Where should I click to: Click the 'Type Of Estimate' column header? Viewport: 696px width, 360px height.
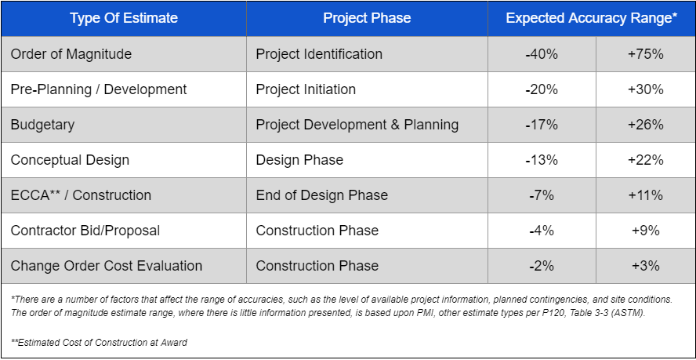coord(124,18)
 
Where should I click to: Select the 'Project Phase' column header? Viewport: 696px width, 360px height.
coord(367,18)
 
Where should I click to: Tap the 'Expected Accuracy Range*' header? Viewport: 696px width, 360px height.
coord(592,18)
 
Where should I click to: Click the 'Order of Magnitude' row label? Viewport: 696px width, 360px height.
coord(71,54)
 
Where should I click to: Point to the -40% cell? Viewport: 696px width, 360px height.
coord(542,54)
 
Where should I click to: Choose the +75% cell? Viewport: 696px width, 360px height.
coord(646,54)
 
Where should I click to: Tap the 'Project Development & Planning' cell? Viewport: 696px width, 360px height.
coord(357,125)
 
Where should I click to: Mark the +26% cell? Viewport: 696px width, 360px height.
coord(646,125)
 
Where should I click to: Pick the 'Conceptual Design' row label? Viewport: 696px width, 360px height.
coord(70,160)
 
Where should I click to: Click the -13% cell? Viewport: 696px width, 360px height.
coord(542,160)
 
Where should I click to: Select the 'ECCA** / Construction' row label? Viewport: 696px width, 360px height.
coord(81,195)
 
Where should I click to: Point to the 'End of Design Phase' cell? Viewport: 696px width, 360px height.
coord(321,195)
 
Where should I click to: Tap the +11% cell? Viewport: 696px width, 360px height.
coord(646,195)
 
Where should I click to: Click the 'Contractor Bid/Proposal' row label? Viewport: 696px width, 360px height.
coord(85,231)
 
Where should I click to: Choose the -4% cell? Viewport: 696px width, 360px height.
coord(542,231)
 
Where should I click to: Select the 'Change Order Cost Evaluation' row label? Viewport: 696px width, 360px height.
coord(107,266)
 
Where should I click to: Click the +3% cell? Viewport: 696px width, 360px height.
coord(646,266)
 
